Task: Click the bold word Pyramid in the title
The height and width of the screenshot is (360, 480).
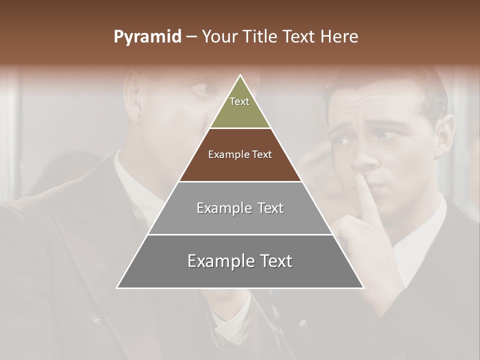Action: [x=147, y=37]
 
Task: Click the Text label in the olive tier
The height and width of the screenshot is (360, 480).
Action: [x=239, y=101]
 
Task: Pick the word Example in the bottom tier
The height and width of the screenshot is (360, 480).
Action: [x=221, y=261]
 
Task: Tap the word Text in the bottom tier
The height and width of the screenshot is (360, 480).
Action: [x=276, y=261]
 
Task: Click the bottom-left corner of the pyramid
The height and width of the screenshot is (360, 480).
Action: [x=117, y=288]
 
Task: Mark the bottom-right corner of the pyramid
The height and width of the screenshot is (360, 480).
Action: [x=363, y=288]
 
